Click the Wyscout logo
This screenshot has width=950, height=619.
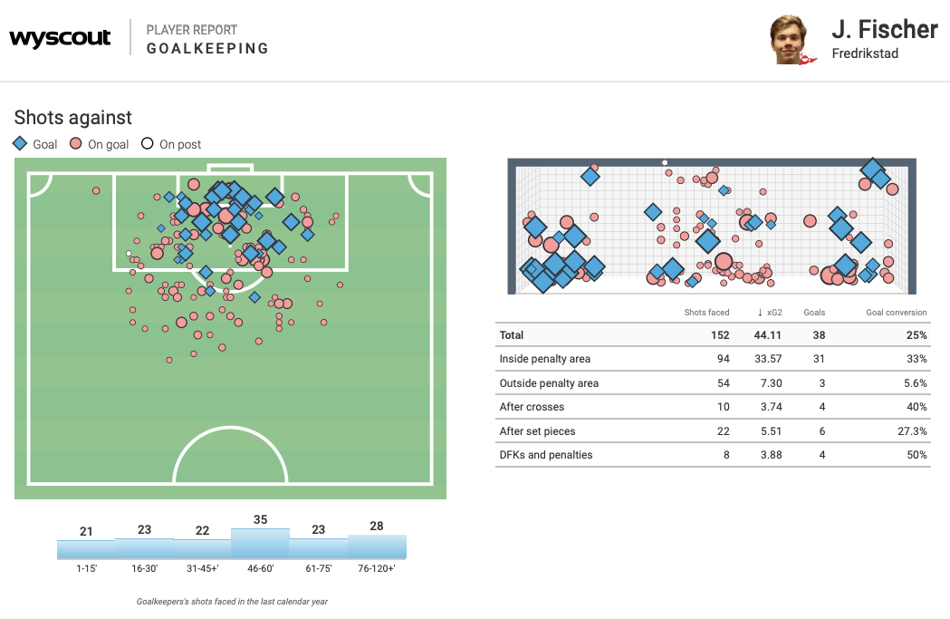coord(60,38)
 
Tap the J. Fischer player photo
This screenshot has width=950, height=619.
coord(789,39)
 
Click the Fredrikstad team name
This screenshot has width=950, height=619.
coord(865,53)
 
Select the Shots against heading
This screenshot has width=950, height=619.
coord(72,118)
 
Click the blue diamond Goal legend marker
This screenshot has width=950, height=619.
coord(21,143)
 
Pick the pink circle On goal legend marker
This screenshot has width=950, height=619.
coord(76,143)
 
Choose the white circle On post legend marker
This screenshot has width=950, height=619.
coord(148,143)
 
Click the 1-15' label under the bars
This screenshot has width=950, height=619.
coord(86,569)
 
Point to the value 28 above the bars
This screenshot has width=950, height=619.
coord(377,527)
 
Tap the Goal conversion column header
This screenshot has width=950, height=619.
coord(897,313)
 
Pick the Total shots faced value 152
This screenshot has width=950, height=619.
coord(719,335)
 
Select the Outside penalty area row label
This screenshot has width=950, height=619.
coord(549,383)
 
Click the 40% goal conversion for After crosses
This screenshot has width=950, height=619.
coord(916,407)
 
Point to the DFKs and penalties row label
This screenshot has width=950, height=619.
coord(546,455)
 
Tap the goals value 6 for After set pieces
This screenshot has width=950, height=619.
coord(821,431)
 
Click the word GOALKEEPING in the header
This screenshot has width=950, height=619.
coord(207,49)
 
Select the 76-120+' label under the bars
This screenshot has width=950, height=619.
coord(377,569)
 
